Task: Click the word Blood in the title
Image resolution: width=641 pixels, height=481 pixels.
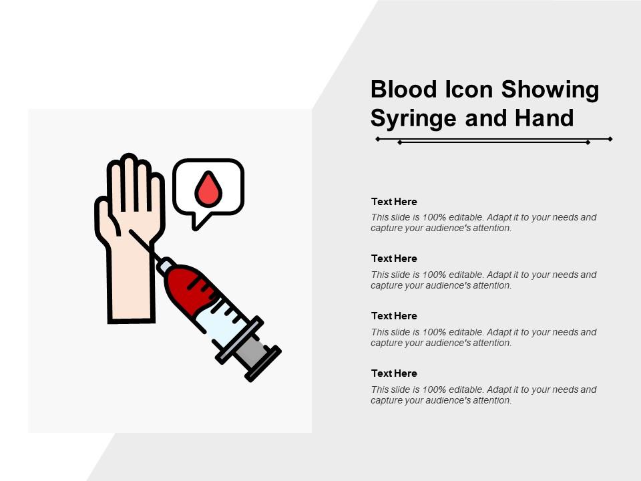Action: [x=404, y=89]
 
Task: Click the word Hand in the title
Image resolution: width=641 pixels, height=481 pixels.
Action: [x=544, y=118]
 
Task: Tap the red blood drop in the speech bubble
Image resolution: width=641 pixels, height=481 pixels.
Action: [x=208, y=188]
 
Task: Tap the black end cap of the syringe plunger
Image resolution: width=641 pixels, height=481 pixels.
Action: [x=263, y=363]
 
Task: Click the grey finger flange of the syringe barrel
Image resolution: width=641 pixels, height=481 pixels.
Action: [x=240, y=340]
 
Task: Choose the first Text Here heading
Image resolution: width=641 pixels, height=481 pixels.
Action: [x=394, y=202]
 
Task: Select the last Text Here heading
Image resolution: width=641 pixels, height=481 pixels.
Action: [x=394, y=373]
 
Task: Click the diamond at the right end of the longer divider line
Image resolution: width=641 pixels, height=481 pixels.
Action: [x=610, y=139]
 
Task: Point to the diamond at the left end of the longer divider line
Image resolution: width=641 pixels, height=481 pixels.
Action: [x=378, y=139]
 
